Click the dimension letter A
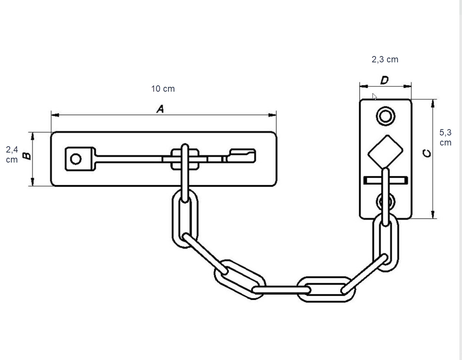coord(160,109)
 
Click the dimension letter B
coord(26,156)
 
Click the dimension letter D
coord(385,80)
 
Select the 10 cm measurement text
coord(163,89)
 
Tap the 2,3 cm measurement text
coord(385,59)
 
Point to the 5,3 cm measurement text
coord(445,137)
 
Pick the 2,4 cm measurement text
coord(12,155)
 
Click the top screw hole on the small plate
coord(385,116)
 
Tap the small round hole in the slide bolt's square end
coord(76,159)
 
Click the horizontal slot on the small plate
coord(385,180)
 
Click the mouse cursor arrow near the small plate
coord(374,96)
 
